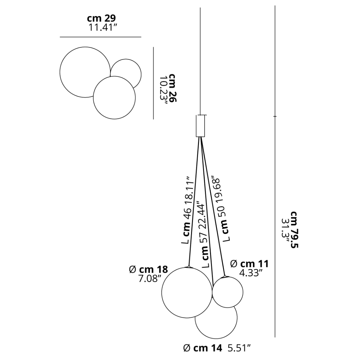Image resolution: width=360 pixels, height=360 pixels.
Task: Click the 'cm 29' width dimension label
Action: pyautogui.click(x=101, y=18)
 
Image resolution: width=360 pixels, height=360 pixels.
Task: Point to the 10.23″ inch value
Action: pyautogui.click(x=163, y=90)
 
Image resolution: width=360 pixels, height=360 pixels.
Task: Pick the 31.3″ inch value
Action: pyautogui.click(x=286, y=230)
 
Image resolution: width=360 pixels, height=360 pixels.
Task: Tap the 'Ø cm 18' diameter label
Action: pyautogui.click(x=149, y=270)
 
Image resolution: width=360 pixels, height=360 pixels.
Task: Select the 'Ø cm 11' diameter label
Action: pyautogui.click(x=249, y=264)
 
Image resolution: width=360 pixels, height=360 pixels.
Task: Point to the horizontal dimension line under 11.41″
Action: pyautogui.click(x=101, y=37)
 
